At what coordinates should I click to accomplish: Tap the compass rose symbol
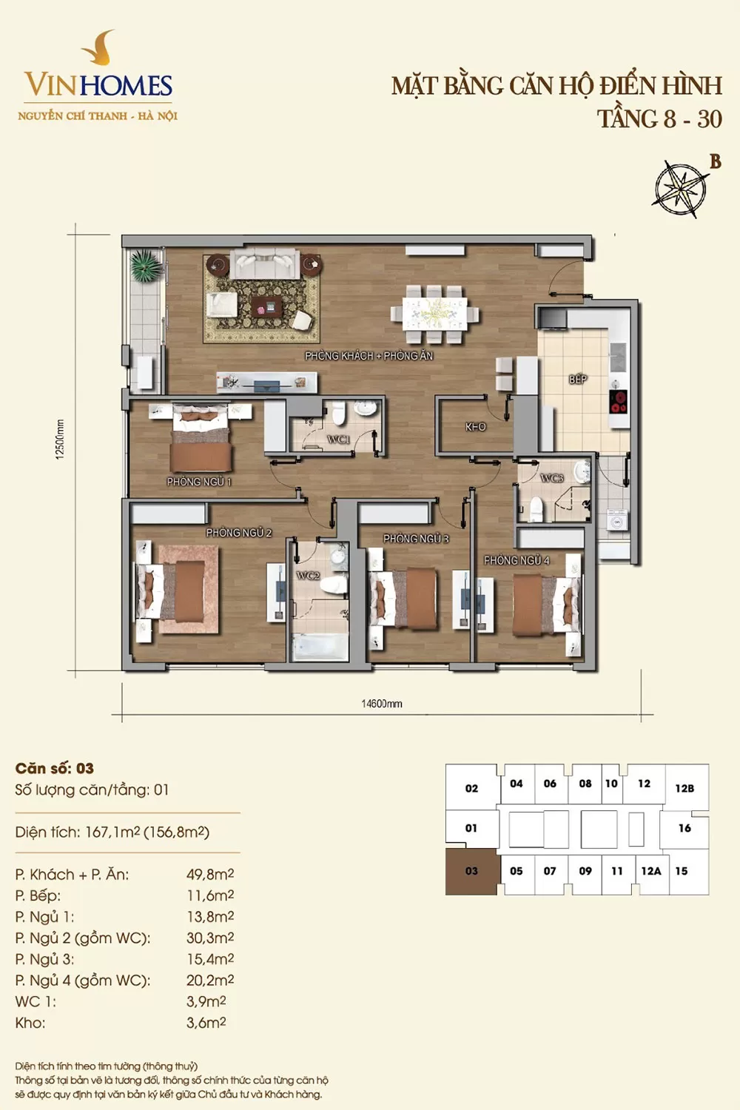pos(679,188)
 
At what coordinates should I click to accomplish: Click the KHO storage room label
pos(475,427)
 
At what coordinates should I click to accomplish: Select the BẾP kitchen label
pos(578,380)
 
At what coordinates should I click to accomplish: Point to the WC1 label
pos(339,440)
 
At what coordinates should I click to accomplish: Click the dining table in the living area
pos(434,314)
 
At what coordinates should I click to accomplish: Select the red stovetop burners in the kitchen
pos(619,401)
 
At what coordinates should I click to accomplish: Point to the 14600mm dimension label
pos(382,704)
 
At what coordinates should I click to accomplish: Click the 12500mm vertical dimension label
pos(60,440)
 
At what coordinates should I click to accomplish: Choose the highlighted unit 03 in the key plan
pos(471,871)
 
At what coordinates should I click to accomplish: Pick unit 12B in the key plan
pos(684,788)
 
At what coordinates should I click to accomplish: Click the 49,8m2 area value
pos(210,874)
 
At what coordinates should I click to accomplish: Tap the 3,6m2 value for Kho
pos(206,1022)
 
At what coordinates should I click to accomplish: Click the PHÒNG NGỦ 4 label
pos(517,560)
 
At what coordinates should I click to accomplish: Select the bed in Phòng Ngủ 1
pos(201,438)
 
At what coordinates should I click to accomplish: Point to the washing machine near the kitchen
pos(616,521)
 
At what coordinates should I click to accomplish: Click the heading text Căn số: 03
pos(55,768)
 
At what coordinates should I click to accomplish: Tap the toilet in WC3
pos(535,509)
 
